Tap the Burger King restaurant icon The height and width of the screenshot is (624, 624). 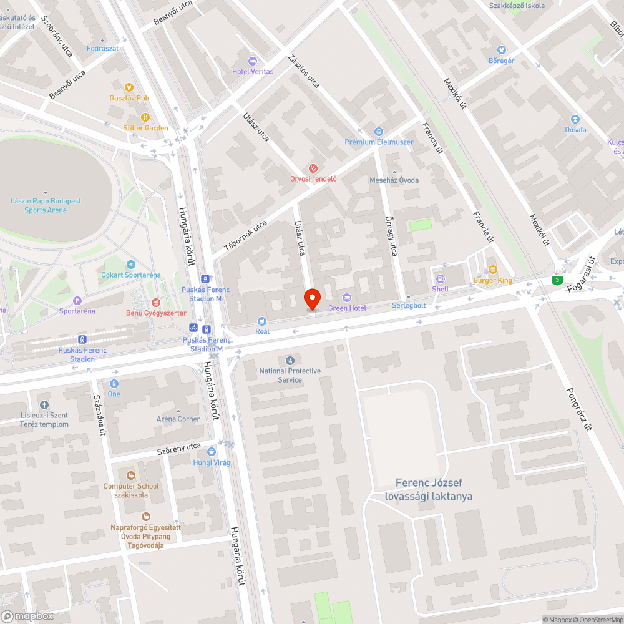click(492, 270)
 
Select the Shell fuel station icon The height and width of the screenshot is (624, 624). click(440, 279)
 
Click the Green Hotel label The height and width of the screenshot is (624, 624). click(347, 308)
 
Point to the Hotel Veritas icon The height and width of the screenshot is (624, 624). click(252, 61)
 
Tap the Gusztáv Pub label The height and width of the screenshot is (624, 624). click(129, 98)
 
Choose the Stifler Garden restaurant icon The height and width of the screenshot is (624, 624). click(145, 117)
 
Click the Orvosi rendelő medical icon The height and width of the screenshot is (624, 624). click(313, 168)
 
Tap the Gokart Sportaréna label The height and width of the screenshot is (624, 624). click(131, 275)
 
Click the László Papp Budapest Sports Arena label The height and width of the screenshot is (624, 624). click(46, 205)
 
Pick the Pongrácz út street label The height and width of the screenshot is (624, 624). click(577, 409)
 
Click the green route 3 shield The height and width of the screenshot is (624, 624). click(556, 280)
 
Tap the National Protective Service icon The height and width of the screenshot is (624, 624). click(290, 361)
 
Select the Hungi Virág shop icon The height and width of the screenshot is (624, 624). click(212, 451)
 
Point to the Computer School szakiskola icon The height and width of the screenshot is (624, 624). click(130, 475)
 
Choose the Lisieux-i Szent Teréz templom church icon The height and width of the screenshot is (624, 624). click(43, 405)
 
